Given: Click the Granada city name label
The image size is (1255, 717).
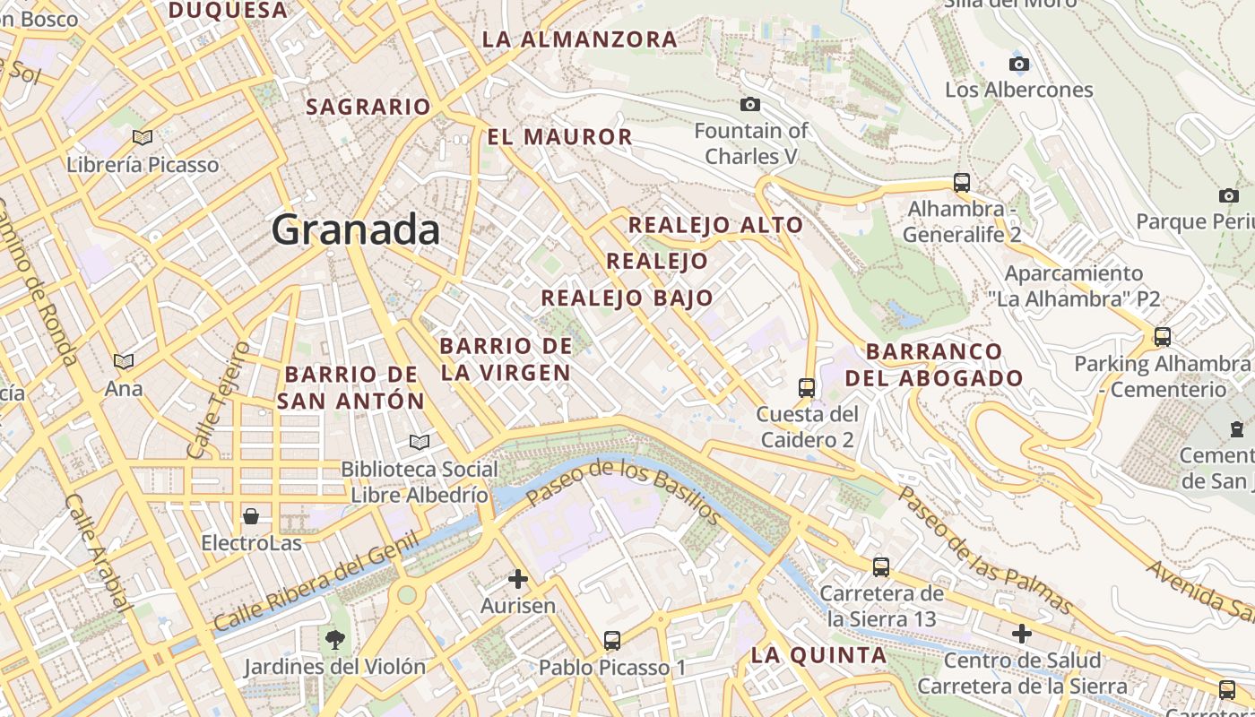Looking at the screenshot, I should pyautogui.click(x=356, y=230).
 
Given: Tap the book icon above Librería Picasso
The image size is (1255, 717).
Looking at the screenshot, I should pyautogui.click(x=142, y=137).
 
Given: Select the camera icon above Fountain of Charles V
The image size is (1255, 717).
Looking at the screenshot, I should pyautogui.click(x=751, y=105).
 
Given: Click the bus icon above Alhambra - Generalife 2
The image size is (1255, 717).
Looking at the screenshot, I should pyautogui.click(x=962, y=183).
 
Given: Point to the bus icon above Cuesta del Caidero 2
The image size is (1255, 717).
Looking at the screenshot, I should pyautogui.click(x=807, y=387).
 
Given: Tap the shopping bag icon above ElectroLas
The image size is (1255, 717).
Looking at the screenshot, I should pyautogui.click(x=251, y=516).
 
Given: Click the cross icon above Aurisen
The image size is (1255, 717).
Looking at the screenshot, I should pyautogui.click(x=518, y=579).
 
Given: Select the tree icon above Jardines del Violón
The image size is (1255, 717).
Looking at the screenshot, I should pyautogui.click(x=335, y=640).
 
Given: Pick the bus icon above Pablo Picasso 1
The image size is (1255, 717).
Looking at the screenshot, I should pyautogui.click(x=612, y=641).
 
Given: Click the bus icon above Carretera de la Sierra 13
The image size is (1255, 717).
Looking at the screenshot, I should pyautogui.click(x=881, y=566).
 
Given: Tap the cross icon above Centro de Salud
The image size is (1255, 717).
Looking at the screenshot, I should pyautogui.click(x=1021, y=634).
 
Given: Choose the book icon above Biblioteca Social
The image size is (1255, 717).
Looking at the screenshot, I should pyautogui.click(x=419, y=442).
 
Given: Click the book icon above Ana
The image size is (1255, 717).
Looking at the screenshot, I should pyautogui.click(x=124, y=361).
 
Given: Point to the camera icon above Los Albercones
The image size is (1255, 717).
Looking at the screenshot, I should pyautogui.click(x=1019, y=64).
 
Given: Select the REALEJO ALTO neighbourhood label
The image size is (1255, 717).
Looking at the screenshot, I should pyautogui.click(x=715, y=225).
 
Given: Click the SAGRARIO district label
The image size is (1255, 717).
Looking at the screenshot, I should pyautogui.click(x=368, y=107).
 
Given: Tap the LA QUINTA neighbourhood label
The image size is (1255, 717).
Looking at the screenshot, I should pyautogui.click(x=818, y=655).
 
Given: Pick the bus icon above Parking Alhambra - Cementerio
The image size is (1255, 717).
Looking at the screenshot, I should pyautogui.click(x=1163, y=337).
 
